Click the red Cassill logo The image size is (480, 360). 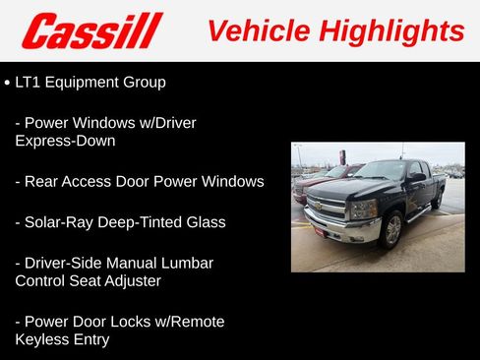[x=92, y=30]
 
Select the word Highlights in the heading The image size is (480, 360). [x=391, y=30]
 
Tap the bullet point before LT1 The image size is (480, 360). [x=8, y=84]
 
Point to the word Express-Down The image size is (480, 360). [x=65, y=141]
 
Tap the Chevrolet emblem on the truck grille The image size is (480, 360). [x=318, y=206]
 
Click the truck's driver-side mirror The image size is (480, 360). [x=417, y=180]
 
